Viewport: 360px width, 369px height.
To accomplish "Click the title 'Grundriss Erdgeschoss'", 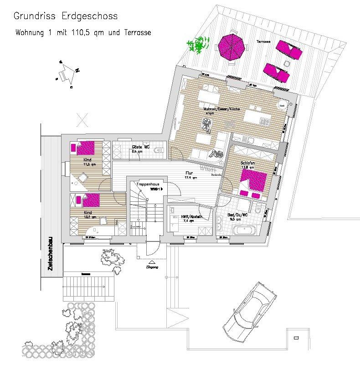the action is pyautogui.click(x=66, y=17).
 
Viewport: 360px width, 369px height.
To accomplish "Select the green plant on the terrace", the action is pyautogui.click(x=196, y=46).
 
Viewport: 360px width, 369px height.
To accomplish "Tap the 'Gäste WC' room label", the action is pyautogui.click(x=141, y=147).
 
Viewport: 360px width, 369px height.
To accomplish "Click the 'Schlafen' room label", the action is pyautogui.click(x=247, y=162).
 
